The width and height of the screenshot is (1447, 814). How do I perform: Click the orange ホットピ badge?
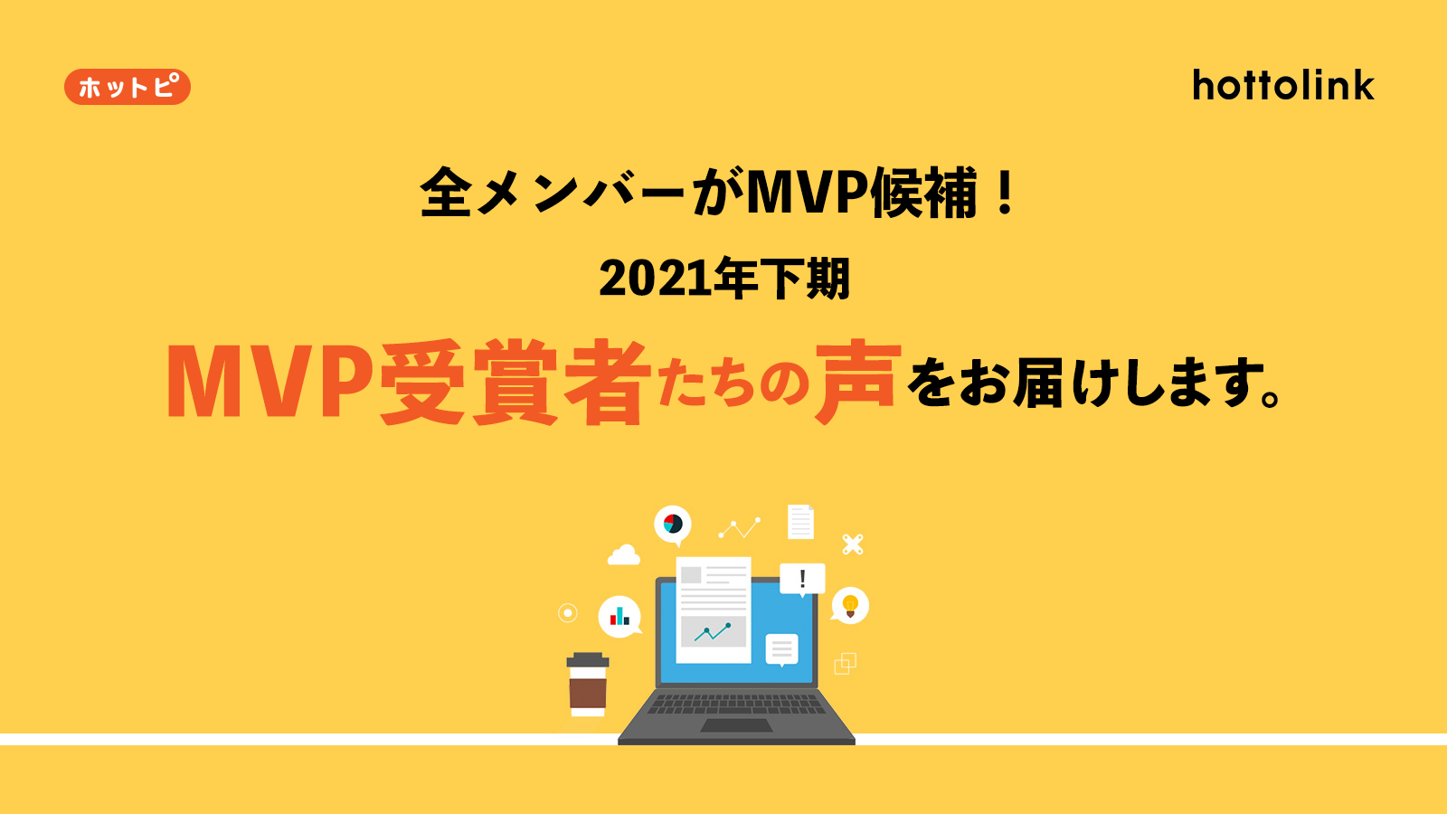(x=128, y=87)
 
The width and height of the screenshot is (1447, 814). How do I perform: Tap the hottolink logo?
(x=1283, y=85)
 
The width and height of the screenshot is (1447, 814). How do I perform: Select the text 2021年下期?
(x=724, y=279)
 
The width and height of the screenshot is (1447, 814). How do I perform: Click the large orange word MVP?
(x=270, y=381)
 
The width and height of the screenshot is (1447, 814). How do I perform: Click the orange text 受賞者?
(x=515, y=382)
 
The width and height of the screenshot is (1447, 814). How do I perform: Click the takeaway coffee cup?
(x=588, y=685)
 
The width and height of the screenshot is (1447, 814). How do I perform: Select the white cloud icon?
(x=623, y=555)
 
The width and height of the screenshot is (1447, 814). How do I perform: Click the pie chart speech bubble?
(x=673, y=525)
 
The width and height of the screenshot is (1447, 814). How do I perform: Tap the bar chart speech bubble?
(x=620, y=616)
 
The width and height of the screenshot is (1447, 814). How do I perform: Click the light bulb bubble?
(x=850, y=606)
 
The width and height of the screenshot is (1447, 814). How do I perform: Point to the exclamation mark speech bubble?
(x=802, y=579)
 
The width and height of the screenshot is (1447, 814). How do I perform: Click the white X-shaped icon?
(x=853, y=544)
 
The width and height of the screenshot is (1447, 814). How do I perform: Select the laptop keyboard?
(x=736, y=704)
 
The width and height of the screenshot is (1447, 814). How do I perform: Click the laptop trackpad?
(x=736, y=725)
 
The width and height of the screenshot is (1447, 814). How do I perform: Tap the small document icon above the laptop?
(x=800, y=522)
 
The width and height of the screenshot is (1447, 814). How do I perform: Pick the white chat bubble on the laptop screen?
(x=781, y=649)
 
